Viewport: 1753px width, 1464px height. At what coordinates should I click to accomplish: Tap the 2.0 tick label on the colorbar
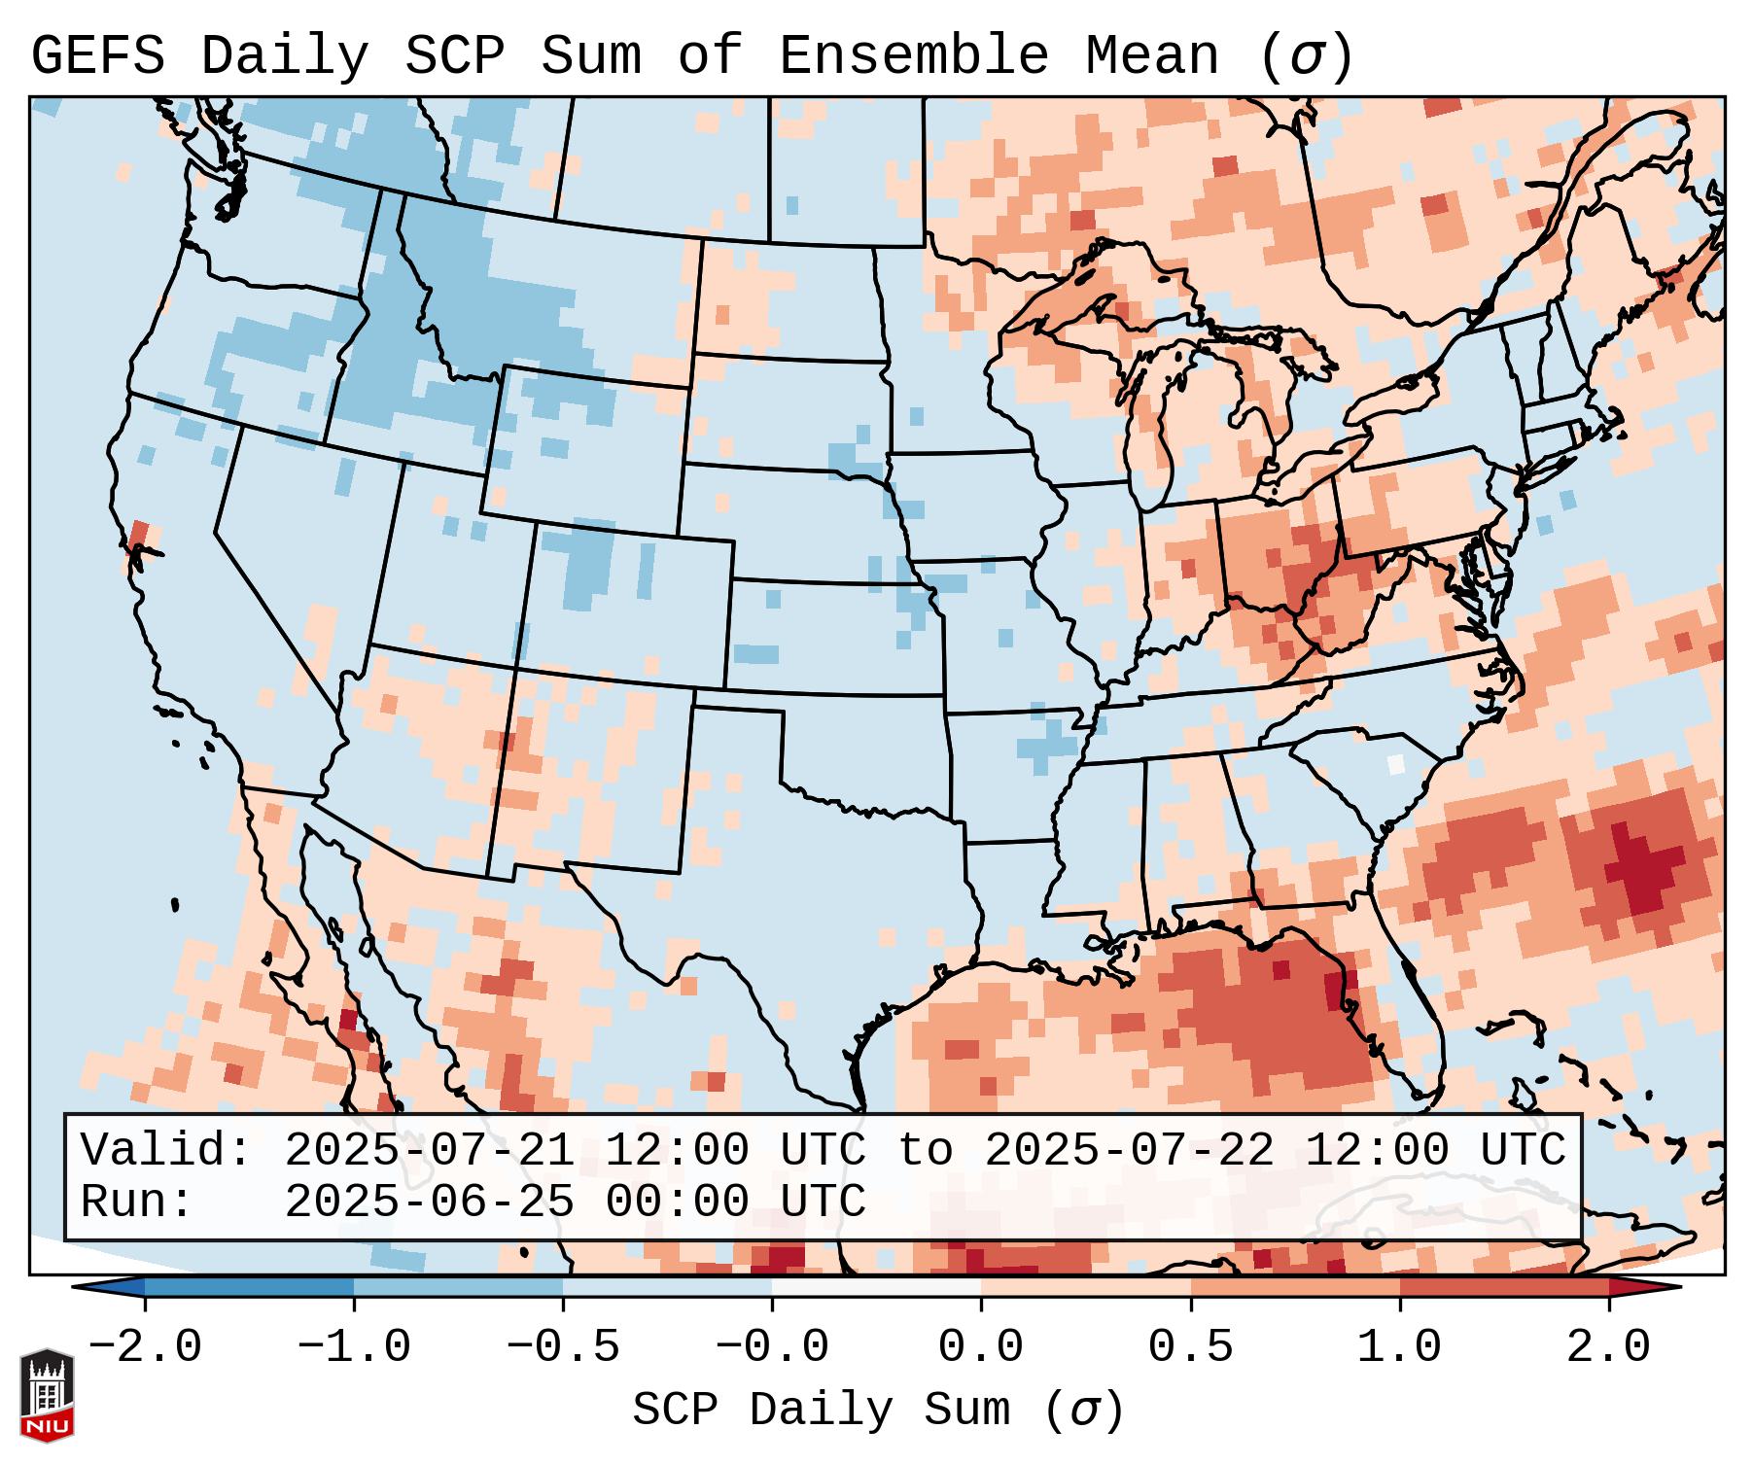coord(1608,1347)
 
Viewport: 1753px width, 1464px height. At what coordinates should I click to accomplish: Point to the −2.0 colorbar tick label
coord(145,1347)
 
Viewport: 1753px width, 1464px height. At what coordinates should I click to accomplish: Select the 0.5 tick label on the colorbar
coord(1190,1347)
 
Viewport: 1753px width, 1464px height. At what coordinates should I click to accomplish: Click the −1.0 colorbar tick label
coord(354,1347)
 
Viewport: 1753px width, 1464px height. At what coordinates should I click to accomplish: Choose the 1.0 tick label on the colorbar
coord(1399,1347)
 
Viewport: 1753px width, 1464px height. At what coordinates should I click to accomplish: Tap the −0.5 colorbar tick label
coord(563,1347)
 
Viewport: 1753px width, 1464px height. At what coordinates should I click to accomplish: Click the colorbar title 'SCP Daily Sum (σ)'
coord(878,1410)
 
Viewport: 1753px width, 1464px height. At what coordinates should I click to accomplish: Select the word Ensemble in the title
coord(913,55)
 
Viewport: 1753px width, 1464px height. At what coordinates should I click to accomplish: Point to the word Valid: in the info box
coord(165,1150)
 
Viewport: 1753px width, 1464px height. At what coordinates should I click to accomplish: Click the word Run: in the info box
coord(136,1202)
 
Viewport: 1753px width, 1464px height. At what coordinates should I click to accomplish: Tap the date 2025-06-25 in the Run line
coord(429,1202)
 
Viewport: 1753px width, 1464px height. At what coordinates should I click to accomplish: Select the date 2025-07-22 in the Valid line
coord(1129,1150)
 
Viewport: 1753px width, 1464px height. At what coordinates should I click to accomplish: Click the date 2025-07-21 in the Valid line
coord(429,1150)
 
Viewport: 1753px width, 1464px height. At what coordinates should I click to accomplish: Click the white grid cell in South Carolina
coord(1396,764)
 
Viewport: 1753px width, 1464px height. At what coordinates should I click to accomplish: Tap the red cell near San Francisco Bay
coord(139,535)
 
